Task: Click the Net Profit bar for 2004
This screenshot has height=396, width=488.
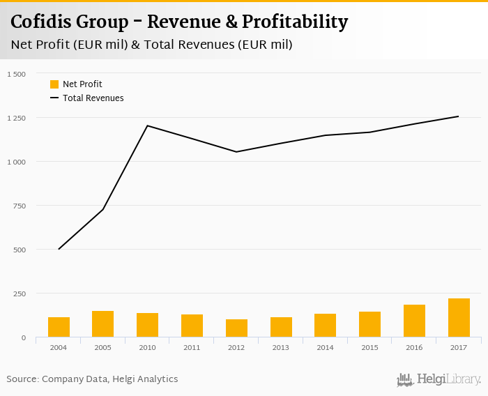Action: (59, 327)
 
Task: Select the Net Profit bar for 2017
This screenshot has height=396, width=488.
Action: (459, 318)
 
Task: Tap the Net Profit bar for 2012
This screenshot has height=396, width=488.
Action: (236, 328)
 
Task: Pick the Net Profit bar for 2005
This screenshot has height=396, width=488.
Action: (103, 324)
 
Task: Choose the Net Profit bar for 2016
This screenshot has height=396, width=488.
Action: (414, 321)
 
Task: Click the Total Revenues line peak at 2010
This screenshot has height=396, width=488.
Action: (148, 126)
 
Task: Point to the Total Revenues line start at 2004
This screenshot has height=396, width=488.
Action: (59, 249)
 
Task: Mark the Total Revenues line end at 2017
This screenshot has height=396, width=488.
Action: (459, 116)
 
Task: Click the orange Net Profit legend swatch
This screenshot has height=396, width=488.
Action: (54, 84)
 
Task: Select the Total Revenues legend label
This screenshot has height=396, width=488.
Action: (93, 98)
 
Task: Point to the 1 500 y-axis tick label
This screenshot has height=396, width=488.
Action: (16, 74)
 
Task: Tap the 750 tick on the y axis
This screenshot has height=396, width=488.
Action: (19, 206)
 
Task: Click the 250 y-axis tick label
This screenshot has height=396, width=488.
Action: (19, 294)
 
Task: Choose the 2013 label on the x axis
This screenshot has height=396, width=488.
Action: (281, 346)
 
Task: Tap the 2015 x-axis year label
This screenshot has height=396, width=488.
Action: (369, 346)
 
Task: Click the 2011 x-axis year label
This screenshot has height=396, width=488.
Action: (192, 346)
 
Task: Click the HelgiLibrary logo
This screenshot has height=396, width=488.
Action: (439, 380)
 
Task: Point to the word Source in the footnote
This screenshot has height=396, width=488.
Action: (22, 379)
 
